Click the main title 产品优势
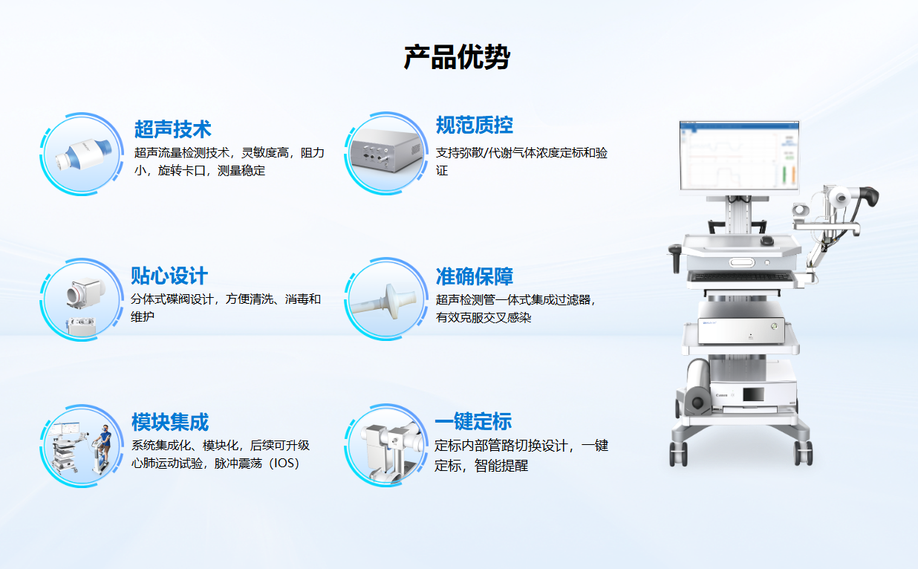tap(457, 57)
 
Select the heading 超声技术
tap(172, 129)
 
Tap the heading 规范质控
tap(474, 125)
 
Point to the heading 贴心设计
tap(169, 276)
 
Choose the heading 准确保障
tap(474, 276)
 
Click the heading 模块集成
tap(170, 422)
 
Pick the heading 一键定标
tap(473, 421)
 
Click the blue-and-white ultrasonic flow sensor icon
tap(84, 155)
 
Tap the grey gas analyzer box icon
tap(386, 150)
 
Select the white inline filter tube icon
tap(385, 302)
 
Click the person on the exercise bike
tap(104, 444)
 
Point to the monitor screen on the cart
tap(739, 155)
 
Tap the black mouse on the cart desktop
tap(766, 241)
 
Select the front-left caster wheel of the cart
tap(679, 453)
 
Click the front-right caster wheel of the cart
tap(804, 452)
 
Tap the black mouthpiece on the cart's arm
tap(869, 196)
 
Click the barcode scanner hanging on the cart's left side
tap(675, 256)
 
